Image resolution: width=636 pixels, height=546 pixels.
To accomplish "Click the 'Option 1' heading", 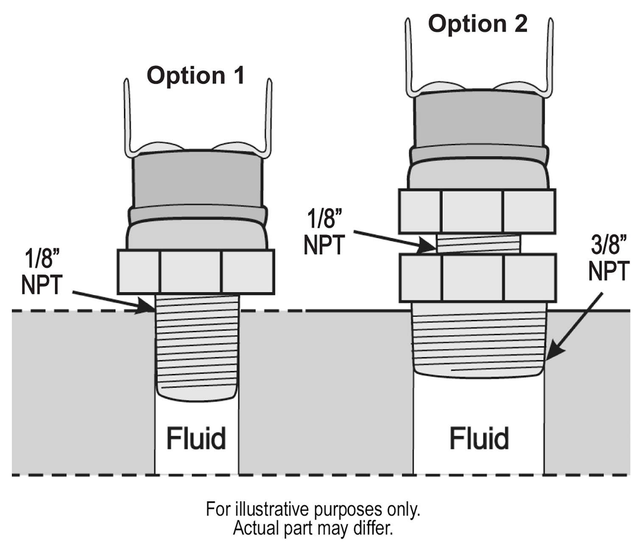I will point(195,76).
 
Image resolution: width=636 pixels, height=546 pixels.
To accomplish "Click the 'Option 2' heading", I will point(477,23).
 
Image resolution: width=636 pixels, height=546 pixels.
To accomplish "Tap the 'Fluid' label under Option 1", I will point(196,439).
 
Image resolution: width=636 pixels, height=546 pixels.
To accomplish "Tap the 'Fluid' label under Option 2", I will point(479,439).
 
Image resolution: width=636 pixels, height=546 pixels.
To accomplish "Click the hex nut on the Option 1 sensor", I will point(195,272).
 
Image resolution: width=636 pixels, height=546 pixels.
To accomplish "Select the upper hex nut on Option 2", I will point(477,211).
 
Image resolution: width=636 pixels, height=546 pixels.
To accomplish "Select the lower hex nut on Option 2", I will point(477,277).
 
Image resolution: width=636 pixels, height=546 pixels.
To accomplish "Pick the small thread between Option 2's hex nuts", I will point(478,244).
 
